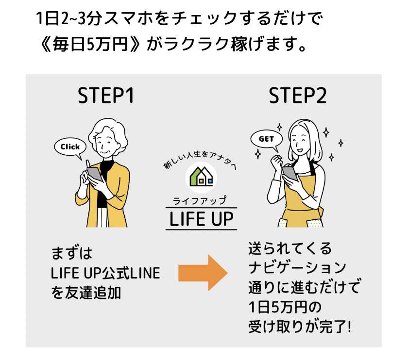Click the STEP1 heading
click(106, 97)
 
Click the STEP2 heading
click(298, 97)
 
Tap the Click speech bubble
click(70, 147)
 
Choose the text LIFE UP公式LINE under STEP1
click(105, 274)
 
